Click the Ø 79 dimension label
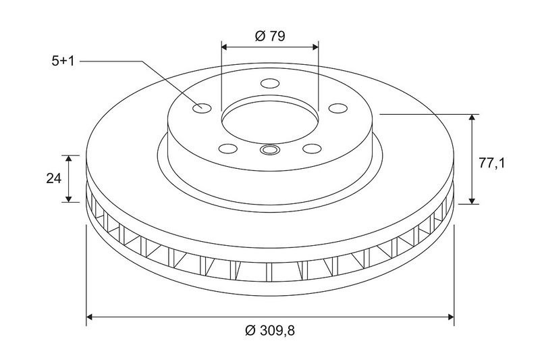coord(271,36)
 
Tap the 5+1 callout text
coord(63,61)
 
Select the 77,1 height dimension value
coord(491,163)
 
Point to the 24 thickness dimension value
coord(54,178)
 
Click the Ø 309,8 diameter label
coord(270,331)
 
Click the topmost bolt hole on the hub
coord(269,83)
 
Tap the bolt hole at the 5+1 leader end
coord(201,108)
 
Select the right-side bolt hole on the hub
coord(338,108)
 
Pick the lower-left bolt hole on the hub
coord(228,149)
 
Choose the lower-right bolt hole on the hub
coord(312,149)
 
